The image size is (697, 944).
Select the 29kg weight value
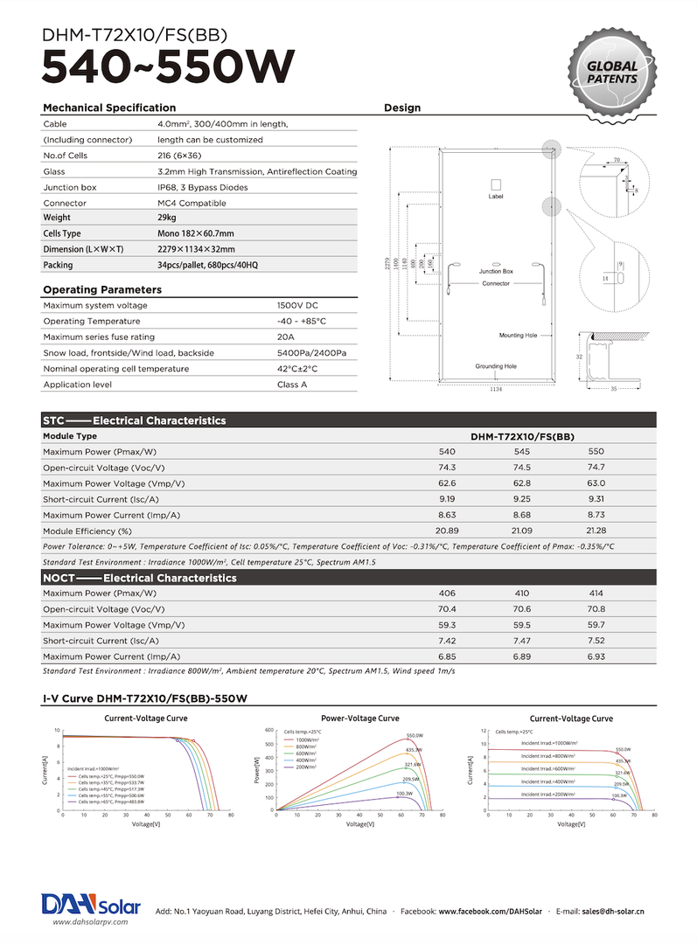click(x=167, y=218)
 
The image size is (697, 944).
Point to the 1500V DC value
click(x=297, y=305)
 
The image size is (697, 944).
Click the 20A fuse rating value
click(x=285, y=337)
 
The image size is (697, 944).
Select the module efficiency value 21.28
click(x=597, y=531)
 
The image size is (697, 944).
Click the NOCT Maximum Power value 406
click(x=447, y=593)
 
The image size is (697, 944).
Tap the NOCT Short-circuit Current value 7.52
click(x=597, y=641)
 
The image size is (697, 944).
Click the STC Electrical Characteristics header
click(x=135, y=420)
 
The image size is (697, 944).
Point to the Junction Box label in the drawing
click(x=496, y=272)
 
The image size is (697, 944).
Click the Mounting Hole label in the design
click(x=518, y=336)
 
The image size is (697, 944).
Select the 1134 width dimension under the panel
click(x=496, y=388)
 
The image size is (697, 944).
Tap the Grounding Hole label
click(x=496, y=366)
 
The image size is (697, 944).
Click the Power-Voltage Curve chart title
click(x=360, y=718)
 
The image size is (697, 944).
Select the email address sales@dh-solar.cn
click(x=613, y=911)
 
